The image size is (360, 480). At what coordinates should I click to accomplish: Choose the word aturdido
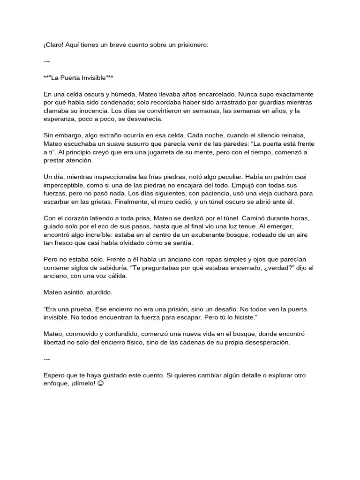pyautogui.click(x=97, y=293)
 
